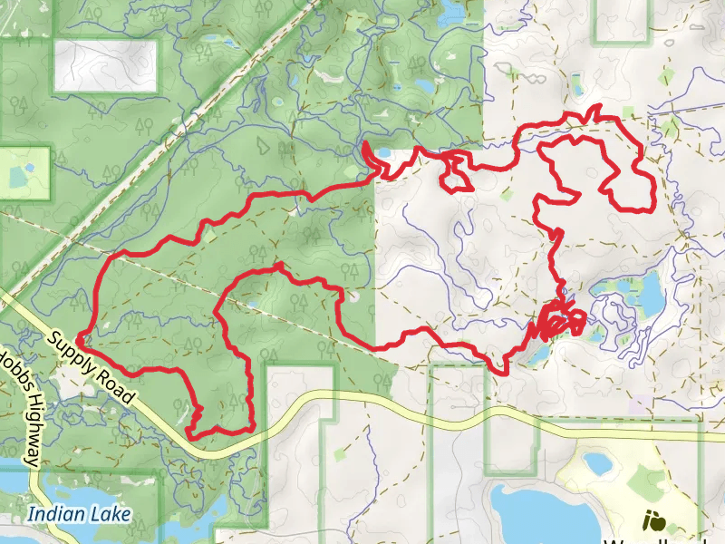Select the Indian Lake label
pos(79,515)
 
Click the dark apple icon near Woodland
pos(652,521)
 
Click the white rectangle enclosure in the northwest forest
pos(105,65)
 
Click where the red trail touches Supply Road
pos(80,340)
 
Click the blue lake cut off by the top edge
pos(449,11)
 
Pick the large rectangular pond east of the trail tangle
pos(651,292)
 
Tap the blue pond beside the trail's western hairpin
pos(382,151)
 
